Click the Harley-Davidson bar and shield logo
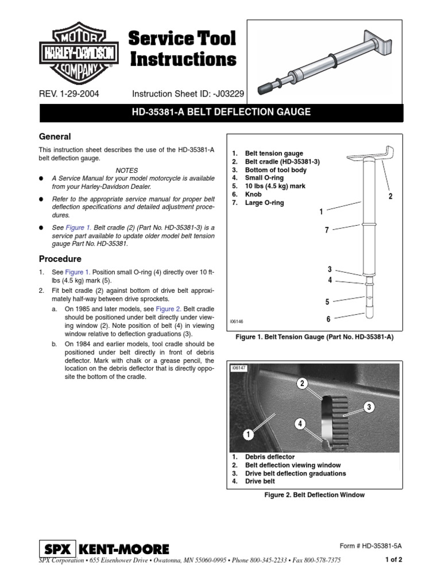pos(79,54)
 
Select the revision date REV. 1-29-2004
pos(68,94)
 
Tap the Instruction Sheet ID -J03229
pos(189,94)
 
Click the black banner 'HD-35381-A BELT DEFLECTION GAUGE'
pos(220,112)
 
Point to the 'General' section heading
pos(55,137)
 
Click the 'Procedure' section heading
pos(60,259)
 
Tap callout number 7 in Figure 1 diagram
pos(327,230)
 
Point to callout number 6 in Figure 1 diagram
pos(328,319)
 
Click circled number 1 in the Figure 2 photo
pos(249,435)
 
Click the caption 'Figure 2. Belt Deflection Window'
pos(313,494)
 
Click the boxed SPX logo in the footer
pos(57,549)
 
